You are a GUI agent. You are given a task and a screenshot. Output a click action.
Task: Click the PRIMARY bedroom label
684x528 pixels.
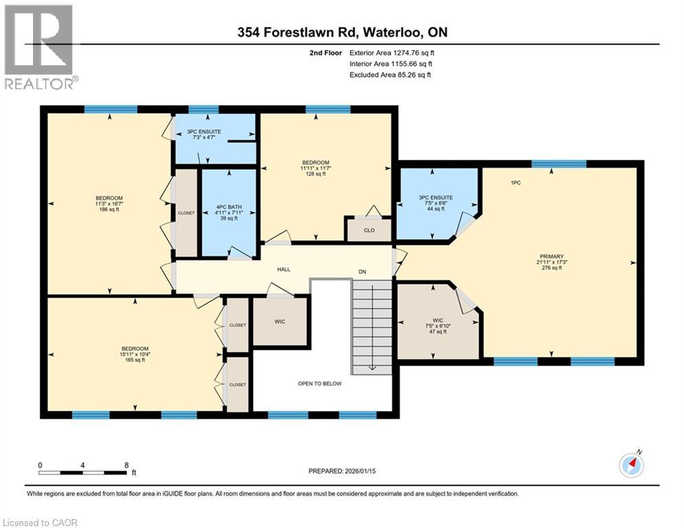pyautogui.click(x=551, y=255)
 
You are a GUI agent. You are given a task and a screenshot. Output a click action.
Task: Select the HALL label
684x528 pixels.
pyautogui.click(x=283, y=269)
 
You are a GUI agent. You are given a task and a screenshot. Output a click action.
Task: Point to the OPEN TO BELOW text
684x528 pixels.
pyautogui.click(x=319, y=384)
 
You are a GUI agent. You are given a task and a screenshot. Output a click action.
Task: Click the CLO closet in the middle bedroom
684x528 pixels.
pyautogui.click(x=369, y=230)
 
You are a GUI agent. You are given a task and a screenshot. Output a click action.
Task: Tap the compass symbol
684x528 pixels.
pyautogui.click(x=631, y=465)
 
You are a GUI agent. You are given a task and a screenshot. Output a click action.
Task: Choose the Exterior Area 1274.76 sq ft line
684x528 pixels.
pyautogui.click(x=392, y=52)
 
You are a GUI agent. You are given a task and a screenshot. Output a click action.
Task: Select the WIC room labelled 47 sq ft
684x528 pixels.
pyautogui.click(x=439, y=325)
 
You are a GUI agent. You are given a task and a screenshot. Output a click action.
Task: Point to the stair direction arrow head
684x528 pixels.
pyautogui.click(x=372, y=368)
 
